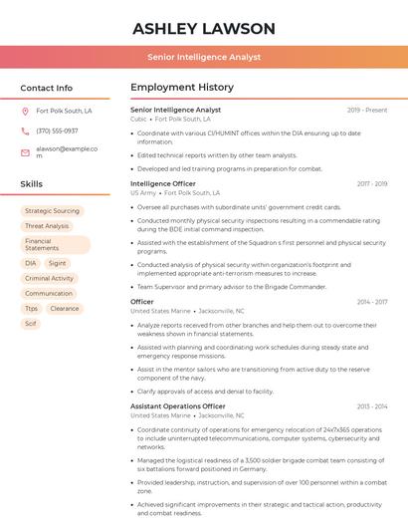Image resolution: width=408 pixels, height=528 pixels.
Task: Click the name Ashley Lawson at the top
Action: (204, 28)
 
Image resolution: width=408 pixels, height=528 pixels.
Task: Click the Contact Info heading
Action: (46, 88)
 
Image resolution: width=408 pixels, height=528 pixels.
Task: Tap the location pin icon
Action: (25, 112)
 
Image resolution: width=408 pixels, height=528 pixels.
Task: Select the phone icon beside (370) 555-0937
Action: (25, 131)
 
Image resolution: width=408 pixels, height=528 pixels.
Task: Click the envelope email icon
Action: (25, 152)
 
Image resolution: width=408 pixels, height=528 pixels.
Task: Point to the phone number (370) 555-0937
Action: (57, 131)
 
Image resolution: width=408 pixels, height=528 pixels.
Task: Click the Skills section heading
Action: (32, 184)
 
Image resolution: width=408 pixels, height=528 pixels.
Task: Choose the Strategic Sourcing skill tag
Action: (52, 211)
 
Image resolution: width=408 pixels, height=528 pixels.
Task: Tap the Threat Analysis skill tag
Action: (47, 226)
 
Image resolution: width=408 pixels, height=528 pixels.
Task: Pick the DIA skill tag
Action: (31, 264)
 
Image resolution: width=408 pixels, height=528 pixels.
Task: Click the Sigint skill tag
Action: (57, 264)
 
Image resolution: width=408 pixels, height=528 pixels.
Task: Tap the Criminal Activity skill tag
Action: (50, 279)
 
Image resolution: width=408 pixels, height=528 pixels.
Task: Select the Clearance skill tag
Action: (64, 309)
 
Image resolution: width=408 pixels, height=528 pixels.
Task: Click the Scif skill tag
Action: (31, 324)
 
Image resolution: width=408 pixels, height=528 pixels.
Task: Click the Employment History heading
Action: (182, 88)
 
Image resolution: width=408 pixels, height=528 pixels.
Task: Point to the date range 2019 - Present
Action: (367, 110)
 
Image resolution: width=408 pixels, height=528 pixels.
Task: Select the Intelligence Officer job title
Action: (163, 184)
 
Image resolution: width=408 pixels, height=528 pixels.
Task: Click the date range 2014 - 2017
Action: (372, 301)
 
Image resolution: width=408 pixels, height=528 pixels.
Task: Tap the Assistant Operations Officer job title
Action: (178, 406)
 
